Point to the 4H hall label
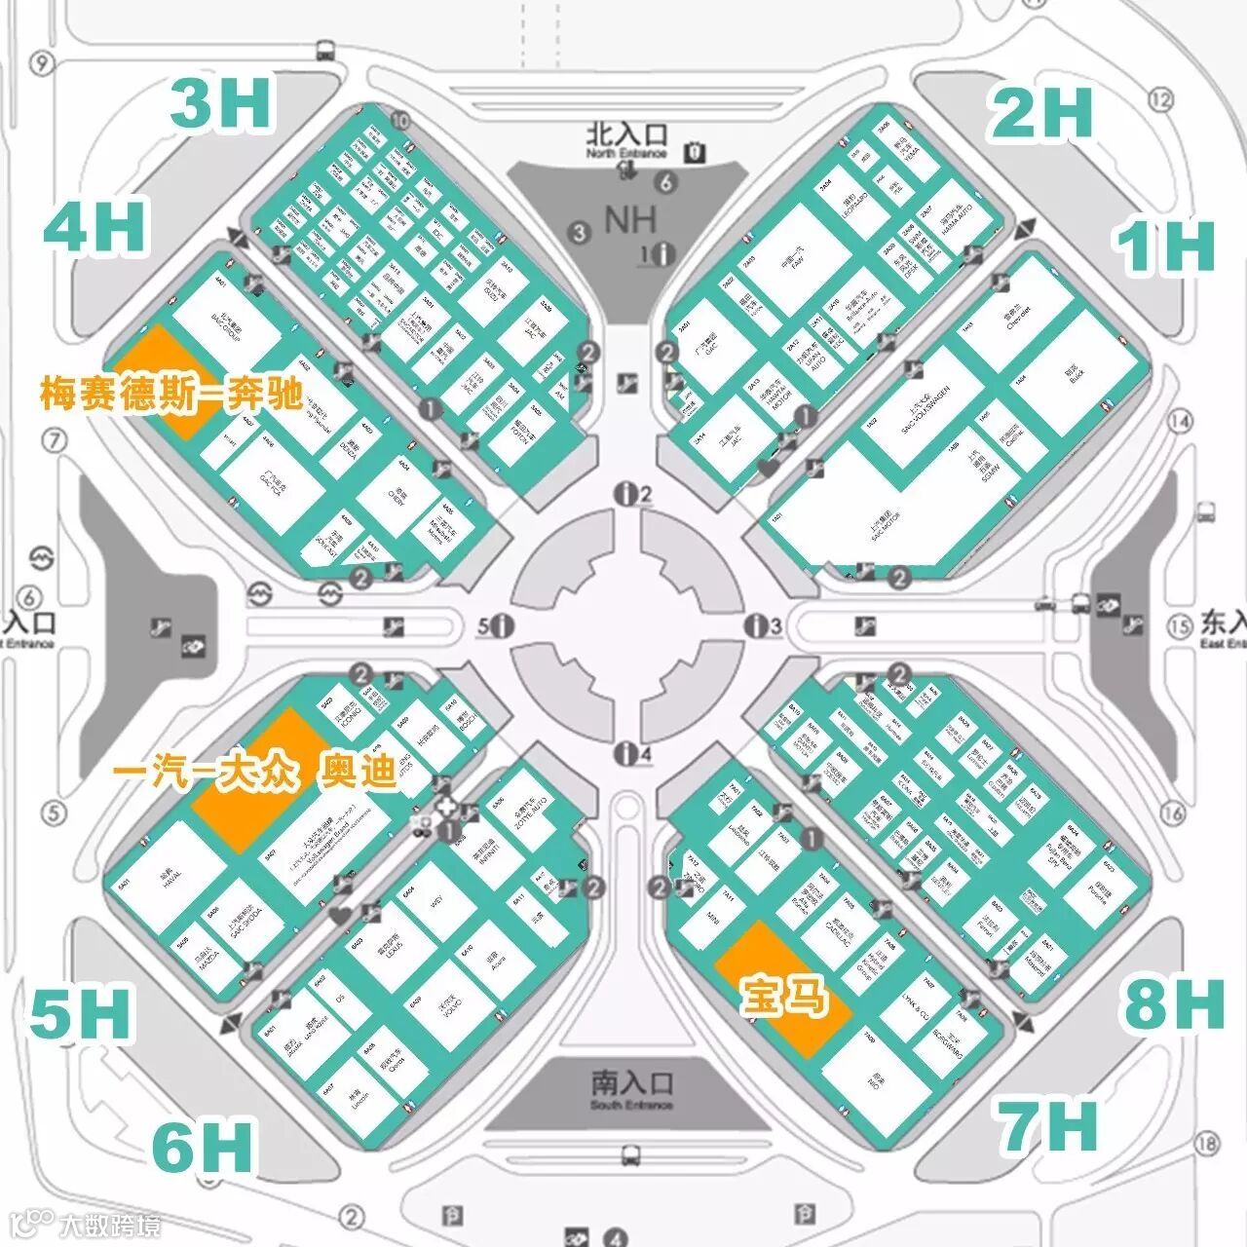tap(95, 227)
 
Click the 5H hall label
tap(80, 1013)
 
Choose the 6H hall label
tap(204, 1147)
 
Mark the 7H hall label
tap(1047, 1125)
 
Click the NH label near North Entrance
tap(630, 220)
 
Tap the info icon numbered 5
tap(503, 625)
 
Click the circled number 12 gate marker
tap(1160, 98)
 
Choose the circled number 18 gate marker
tap(1208, 1143)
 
